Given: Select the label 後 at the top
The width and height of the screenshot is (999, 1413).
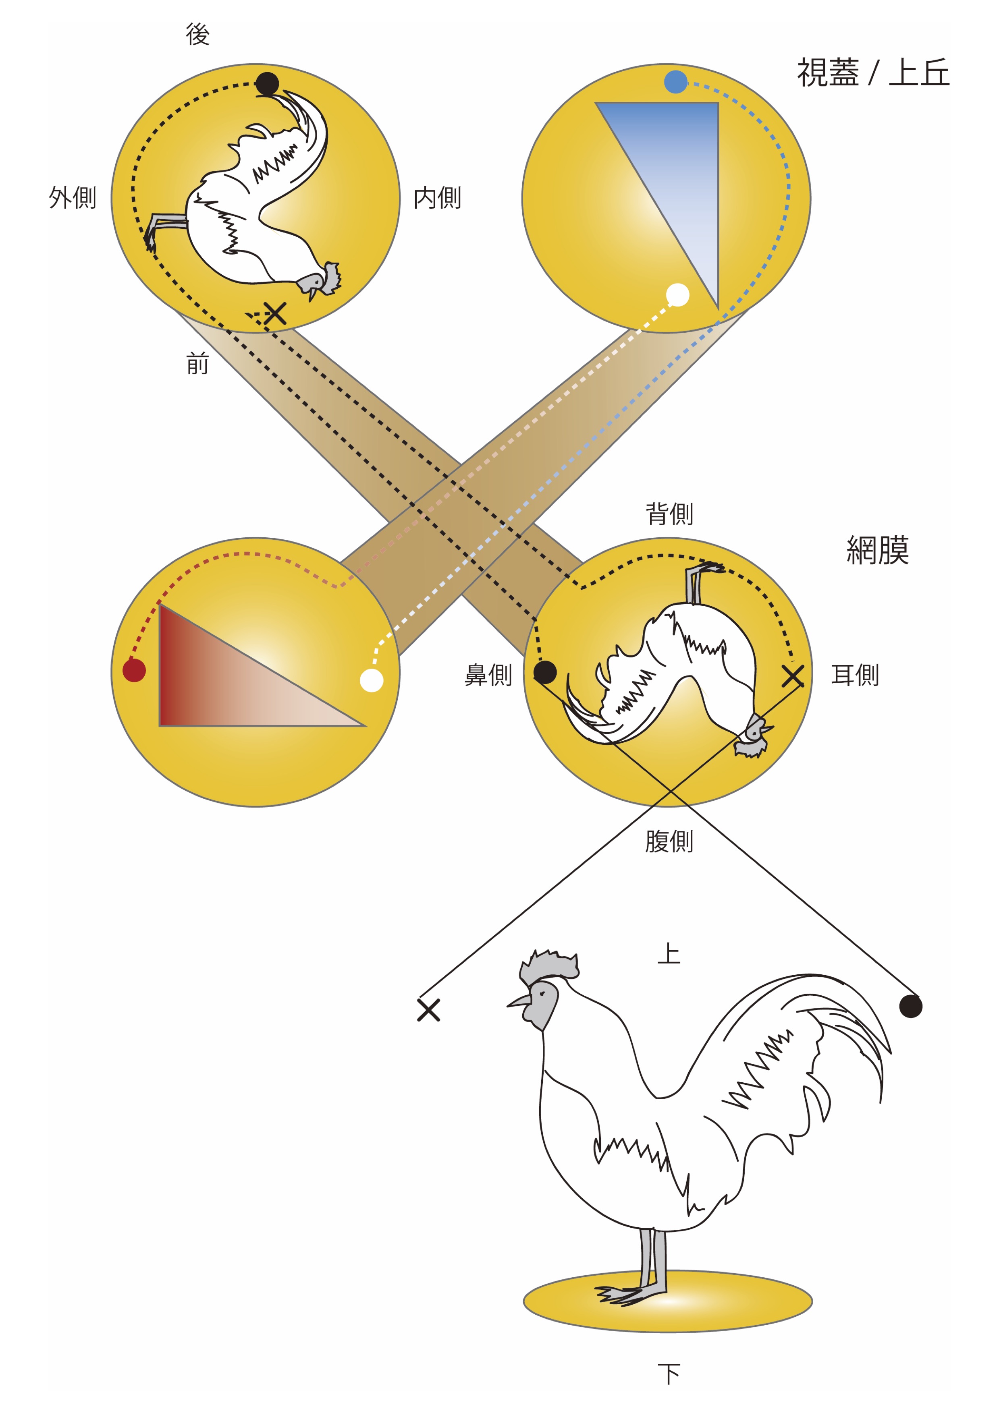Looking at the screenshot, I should tap(197, 35).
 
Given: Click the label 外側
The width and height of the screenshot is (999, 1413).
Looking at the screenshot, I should tap(73, 197).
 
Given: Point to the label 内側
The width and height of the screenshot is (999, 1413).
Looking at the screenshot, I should tap(437, 197).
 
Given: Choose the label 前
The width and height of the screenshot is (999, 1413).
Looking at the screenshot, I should tap(197, 364).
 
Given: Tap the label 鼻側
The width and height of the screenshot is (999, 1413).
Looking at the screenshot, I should tap(488, 675).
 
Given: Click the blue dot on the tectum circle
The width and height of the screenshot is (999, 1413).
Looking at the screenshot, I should tap(675, 82).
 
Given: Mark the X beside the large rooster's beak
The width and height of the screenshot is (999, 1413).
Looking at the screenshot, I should tap(428, 1010).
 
